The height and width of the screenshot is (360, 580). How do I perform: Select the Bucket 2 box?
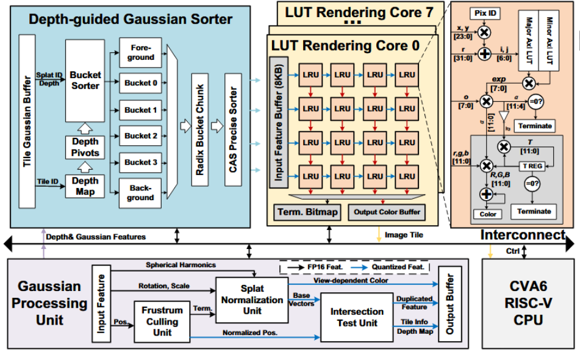click(x=141, y=135)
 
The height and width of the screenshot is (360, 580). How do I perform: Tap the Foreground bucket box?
click(x=141, y=52)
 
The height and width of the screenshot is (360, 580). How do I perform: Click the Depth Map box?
click(x=85, y=186)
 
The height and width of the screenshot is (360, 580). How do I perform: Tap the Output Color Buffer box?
click(x=385, y=212)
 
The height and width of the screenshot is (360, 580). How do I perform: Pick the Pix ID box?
click(x=485, y=12)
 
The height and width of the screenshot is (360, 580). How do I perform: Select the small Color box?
click(x=487, y=214)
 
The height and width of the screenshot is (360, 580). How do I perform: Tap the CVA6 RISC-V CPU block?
click(x=527, y=303)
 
